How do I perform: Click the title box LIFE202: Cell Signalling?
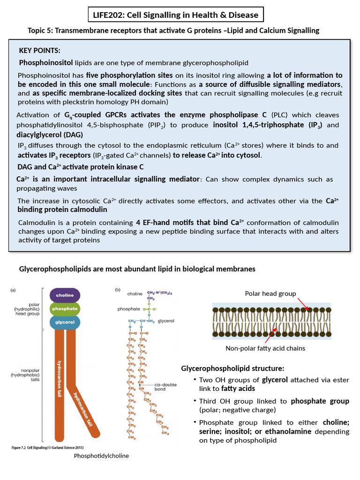[x=176, y=15]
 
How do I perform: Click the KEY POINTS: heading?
[x=39, y=51]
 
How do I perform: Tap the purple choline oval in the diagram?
[x=65, y=295]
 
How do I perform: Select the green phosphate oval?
[x=65, y=309]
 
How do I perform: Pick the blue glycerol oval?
[x=65, y=322]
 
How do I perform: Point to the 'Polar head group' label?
[x=270, y=293]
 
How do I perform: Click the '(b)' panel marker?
[x=118, y=290]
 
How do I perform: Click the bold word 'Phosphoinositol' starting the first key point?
[x=43, y=62]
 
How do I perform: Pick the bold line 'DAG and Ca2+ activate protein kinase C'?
[x=80, y=167]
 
